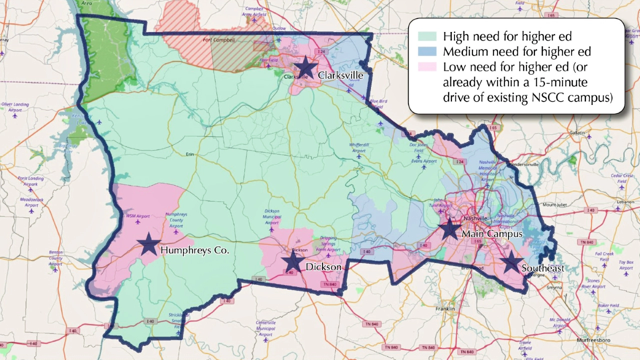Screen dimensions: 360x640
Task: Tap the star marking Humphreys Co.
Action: tap(148, 244)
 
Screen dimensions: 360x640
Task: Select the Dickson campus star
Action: tap(292, 262)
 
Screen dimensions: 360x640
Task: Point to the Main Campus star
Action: tap(449, 229)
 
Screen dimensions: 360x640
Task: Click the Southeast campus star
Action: tap(511, 262)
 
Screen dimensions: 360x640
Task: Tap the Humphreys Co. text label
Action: tap(194, 250)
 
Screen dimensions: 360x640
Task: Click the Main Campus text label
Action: tap(491, 233)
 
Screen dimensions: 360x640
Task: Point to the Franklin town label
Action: tap(444, 309)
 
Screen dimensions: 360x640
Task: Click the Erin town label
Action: tap(189, 154)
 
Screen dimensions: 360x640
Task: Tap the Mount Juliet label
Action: tap(556, 204)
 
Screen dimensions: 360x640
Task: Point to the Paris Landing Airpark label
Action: tap(30, 180)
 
